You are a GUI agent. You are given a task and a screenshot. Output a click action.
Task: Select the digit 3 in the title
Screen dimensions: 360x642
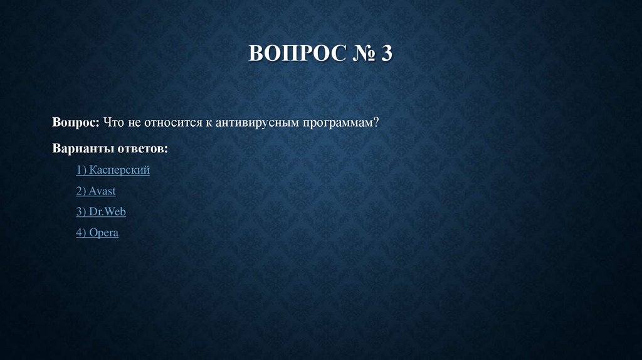coord(386,53)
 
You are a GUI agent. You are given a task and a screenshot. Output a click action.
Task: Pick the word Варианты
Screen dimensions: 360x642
coord(83,149)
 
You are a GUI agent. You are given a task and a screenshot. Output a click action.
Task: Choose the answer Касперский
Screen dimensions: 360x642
coord(120,170)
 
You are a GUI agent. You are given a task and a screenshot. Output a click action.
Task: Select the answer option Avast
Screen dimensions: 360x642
coord(102,191)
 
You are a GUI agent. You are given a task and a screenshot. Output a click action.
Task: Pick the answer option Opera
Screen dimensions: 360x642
coord(103,233)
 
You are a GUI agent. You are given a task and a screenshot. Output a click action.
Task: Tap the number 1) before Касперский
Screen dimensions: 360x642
coord(82,170)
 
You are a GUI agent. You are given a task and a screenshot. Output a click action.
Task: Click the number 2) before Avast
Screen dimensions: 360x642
coord(82,191)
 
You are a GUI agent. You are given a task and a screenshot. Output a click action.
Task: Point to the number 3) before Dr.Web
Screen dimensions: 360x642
coord(82,212)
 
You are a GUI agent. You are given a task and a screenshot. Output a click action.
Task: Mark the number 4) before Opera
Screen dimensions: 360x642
coord(82,233)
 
